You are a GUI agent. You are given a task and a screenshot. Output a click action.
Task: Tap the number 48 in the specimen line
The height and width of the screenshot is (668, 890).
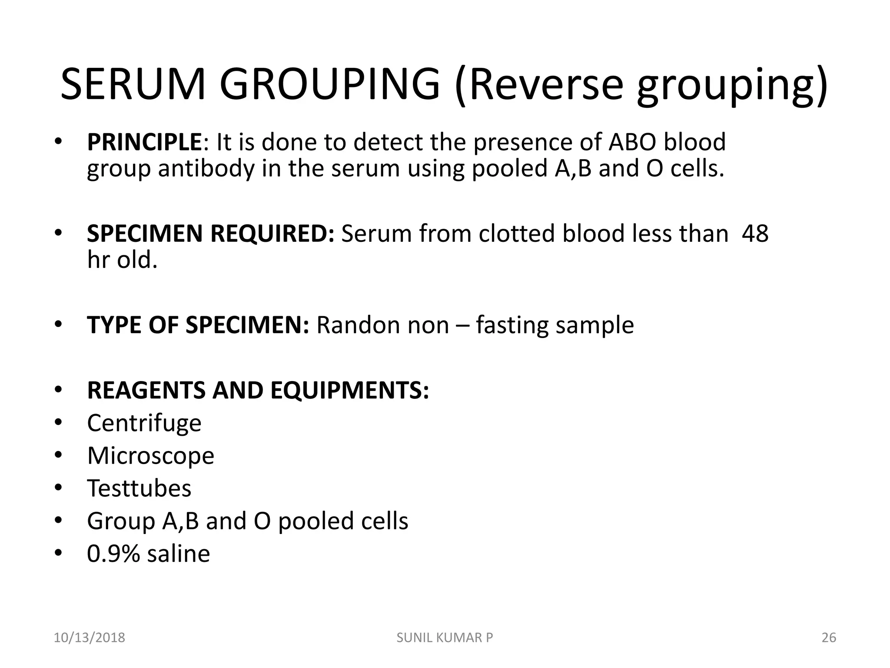pos(755,234)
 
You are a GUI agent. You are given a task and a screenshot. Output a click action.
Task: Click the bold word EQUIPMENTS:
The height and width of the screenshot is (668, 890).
pos(350,390)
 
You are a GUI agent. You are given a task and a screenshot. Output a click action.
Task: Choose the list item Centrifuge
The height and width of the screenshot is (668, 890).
pos(144,423)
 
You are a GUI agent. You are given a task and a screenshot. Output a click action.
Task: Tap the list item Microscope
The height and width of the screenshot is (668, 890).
pos(151,456)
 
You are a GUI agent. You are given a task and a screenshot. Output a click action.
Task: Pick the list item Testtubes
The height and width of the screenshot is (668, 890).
pos(139,488)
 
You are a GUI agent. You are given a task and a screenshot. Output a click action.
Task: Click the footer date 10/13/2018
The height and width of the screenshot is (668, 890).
pos(89,638)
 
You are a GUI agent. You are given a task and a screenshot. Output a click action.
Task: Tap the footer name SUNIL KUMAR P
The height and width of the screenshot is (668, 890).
pos(445,638)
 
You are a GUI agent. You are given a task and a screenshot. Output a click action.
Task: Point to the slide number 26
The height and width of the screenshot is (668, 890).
pos(829,638)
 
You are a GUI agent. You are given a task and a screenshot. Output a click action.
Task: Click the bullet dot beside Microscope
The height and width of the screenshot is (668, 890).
pos(59,455)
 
